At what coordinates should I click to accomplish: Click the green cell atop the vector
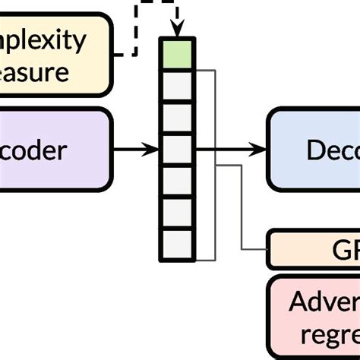coord(178,55)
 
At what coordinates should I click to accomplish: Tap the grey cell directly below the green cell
coord(178,86)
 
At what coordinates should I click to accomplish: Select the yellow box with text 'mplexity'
coord(53,54)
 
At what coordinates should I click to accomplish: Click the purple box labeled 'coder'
coord(53,150)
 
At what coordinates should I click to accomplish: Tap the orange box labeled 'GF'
coord(315,250)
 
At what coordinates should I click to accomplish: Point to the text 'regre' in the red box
coord(327,335)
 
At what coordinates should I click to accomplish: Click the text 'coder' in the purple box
coord(33,150)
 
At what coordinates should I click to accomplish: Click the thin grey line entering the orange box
coord(254,249)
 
